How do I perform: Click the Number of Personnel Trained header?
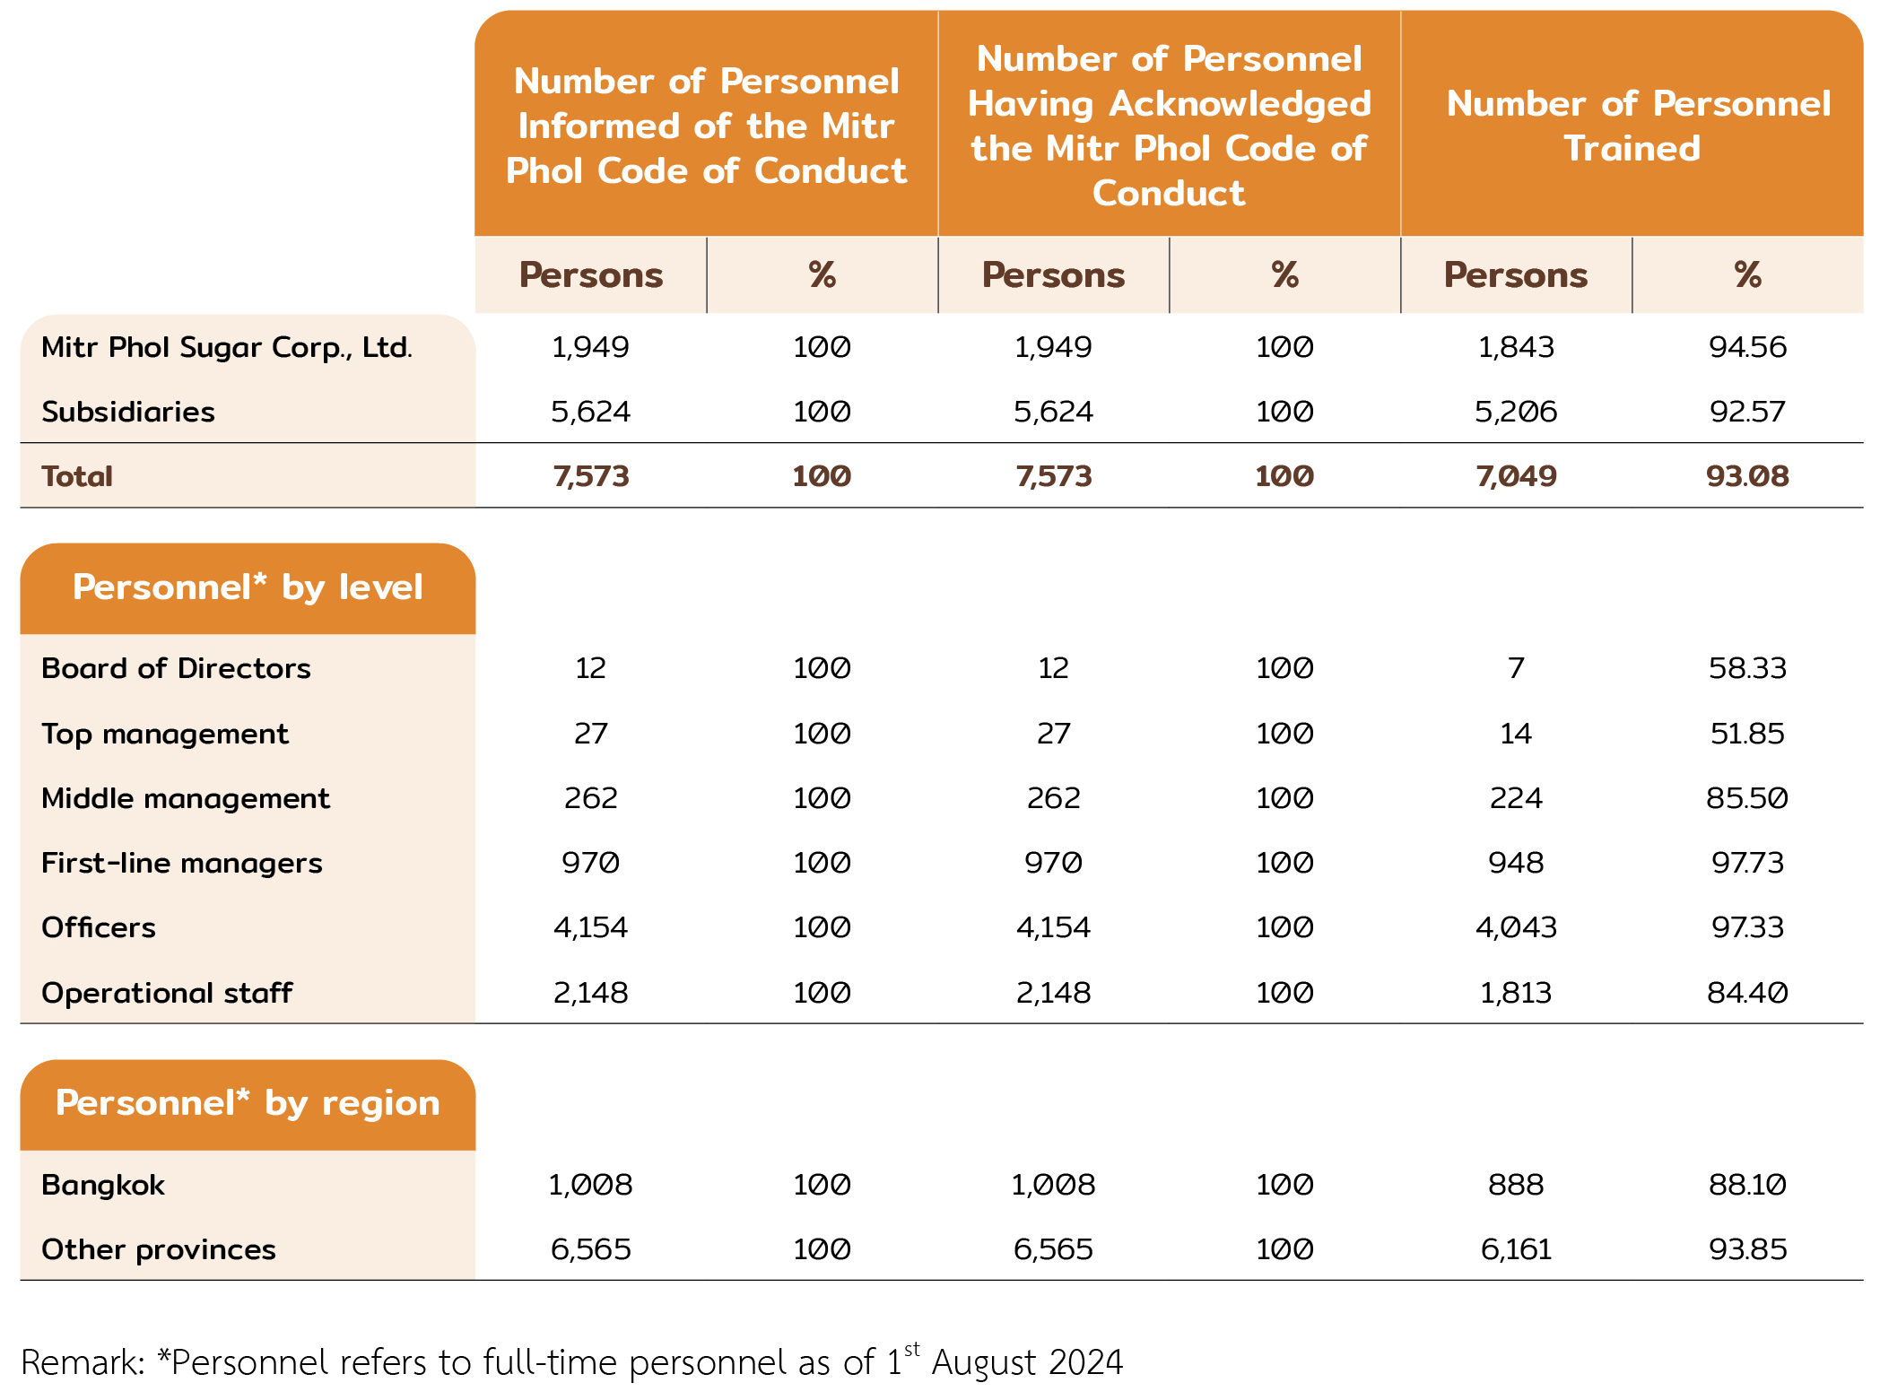coord(1637,126)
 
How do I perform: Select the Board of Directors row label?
coord(176,668)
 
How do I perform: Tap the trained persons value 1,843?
coord(1516,347)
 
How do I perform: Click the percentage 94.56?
coord(1747,347)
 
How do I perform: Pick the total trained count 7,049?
coord(1516,476)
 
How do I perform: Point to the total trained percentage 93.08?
coord(1747,476)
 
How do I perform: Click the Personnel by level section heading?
coord(248,587)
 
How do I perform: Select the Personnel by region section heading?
coord(248,1103)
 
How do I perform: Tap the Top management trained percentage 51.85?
coord(1747,734)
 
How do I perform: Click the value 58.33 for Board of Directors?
coord(1747,668)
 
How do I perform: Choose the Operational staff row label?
coord(167,993)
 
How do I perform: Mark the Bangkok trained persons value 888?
coord(1516,1185)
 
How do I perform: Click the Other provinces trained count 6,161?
coord(1516,1249)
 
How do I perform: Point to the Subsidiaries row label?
coord(128,412)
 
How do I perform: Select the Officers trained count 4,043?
coord(1516,927)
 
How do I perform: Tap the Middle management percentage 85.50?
coord(1747,798)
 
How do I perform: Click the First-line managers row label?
coord(182,863)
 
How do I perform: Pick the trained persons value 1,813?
coord(1516,993)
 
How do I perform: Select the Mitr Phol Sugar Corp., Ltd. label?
coord(227,347)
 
